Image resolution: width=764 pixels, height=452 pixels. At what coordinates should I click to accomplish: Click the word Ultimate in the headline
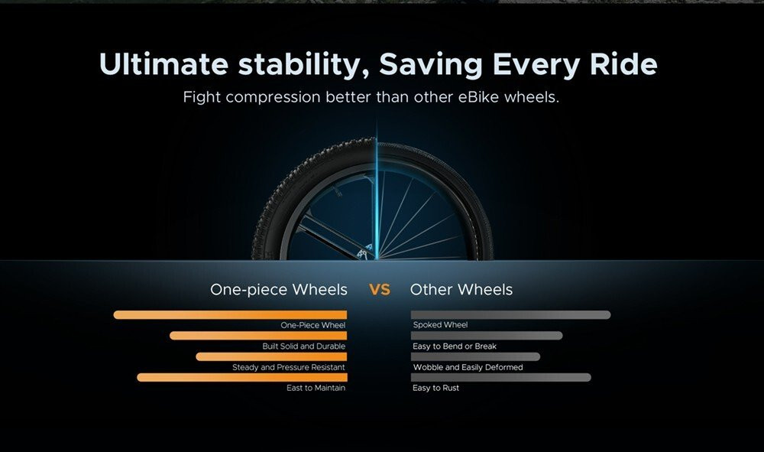(163, 64)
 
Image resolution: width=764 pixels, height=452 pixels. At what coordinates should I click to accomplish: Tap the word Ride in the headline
(623, 64)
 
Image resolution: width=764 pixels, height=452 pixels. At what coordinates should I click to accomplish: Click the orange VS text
(380, 290)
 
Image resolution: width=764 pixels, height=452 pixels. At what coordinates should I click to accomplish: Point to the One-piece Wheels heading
(279, 290)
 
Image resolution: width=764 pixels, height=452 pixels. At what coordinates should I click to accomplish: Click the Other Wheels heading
(461, 290)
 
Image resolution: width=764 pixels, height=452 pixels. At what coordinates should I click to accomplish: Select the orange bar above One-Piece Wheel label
(230, 315)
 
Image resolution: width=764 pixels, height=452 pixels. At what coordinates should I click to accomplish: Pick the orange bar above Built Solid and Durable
(258, 336)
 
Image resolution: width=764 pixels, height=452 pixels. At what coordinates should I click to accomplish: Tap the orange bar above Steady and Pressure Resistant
(271, 356)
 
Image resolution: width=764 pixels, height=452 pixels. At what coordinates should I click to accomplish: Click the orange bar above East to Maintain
(242, 377)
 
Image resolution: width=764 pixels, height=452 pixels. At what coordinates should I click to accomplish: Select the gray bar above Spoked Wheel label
(510, 315)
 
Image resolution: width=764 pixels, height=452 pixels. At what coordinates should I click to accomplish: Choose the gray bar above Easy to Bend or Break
(487, 336)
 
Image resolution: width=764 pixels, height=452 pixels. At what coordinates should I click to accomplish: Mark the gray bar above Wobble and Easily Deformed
(475, 356)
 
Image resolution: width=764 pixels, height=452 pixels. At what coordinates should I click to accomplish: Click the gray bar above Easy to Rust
(501, 377)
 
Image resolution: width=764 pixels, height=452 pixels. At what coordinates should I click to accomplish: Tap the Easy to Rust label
(435, 388)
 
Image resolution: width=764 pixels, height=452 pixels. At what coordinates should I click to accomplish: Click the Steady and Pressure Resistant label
(289, 367)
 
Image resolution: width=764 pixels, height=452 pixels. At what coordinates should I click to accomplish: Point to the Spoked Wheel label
(440, 325)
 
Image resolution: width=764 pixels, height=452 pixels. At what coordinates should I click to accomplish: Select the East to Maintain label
(316, 388)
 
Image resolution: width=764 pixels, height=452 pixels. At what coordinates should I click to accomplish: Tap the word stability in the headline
(303, 64)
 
